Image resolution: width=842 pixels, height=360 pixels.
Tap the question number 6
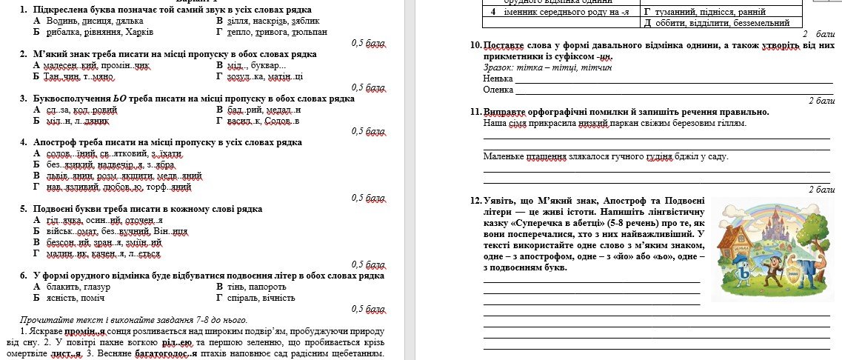pyautogui.click(x=24, y=275)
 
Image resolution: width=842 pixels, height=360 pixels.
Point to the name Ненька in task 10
pyautogui.click(x=497, y=78)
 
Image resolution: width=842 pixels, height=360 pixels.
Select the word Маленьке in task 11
pyautogui.click(x=502, y=156)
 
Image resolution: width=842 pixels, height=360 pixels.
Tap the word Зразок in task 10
pyautogui.click(x=498, y=67)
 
